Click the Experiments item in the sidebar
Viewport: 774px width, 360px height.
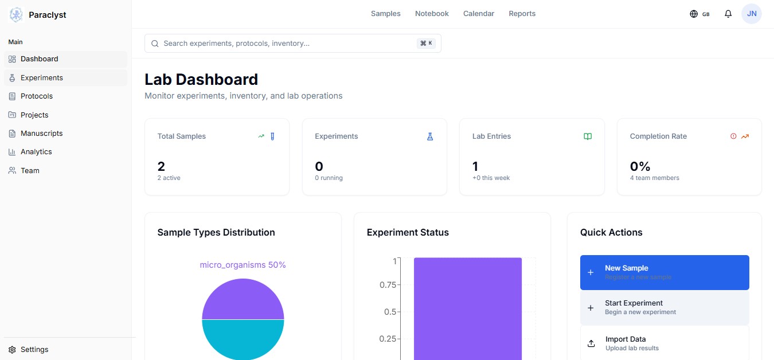point(41,78)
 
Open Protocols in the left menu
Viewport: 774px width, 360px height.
point(36,96)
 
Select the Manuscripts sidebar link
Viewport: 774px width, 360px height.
point(41,134)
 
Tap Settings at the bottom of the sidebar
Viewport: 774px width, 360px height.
point(34,350)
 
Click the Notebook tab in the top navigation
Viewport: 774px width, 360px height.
point(432,14)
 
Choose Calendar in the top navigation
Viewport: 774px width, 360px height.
point(478,14)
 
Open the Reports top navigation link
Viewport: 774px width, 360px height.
point(522,14)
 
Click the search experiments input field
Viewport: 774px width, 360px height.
point(287,44)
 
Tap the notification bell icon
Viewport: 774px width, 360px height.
point(728,14)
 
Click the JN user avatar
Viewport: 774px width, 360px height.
point(751,14)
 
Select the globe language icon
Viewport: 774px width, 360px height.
point(694,14)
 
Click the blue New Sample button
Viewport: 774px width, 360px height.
point(664,272)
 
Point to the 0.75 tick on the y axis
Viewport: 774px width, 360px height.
point(388,285)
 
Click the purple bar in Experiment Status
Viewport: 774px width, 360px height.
point(467,310)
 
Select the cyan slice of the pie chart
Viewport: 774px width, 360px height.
point(243,341)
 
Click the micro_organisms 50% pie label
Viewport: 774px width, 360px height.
point(243,265)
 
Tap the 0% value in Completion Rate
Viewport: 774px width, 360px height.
point(640,167)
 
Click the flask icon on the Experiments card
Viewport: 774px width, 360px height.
point(429,136)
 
